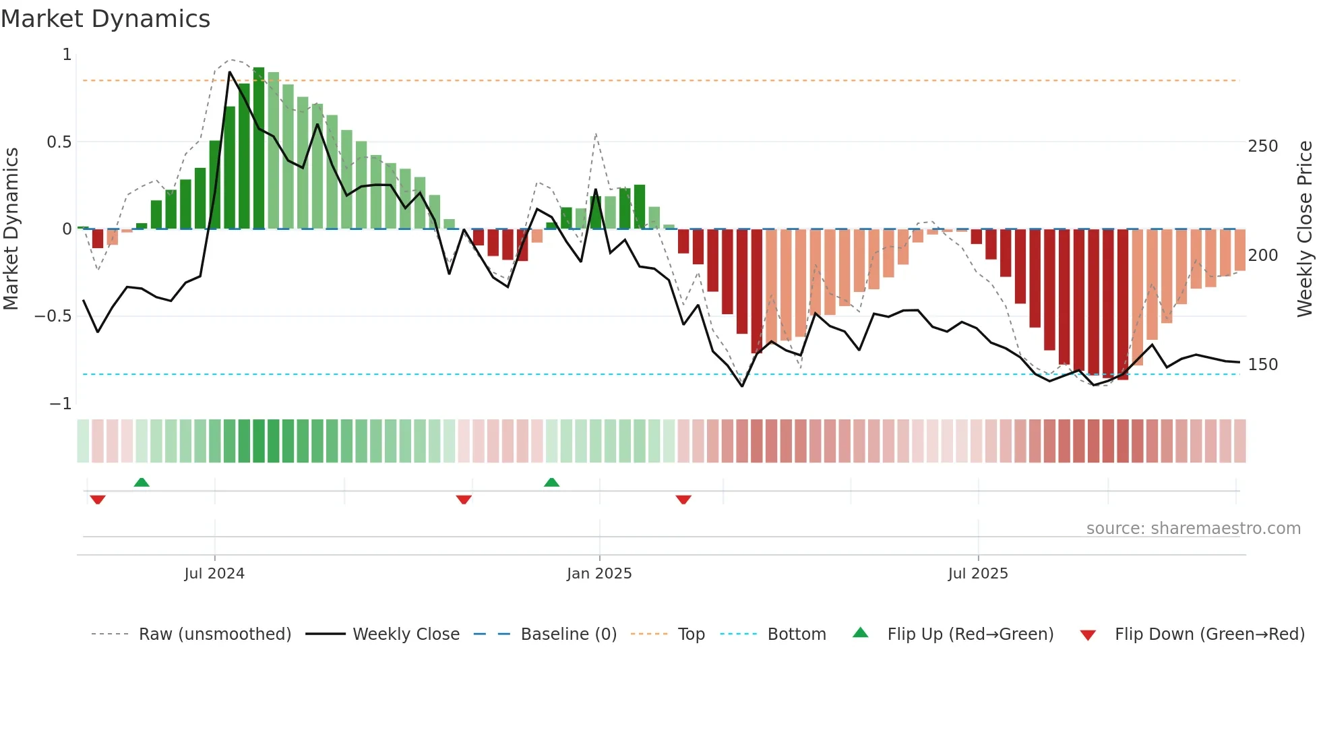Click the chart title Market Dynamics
coord(105,19)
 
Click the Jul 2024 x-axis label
coord(214,574)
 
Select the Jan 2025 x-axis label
coord(599,574)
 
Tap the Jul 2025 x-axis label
coord(978,574)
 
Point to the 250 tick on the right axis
coord(1262,146)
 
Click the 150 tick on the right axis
coord(1262,365)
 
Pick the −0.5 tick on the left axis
coord(53,316)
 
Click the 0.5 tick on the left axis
coord(59,142)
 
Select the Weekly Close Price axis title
coord(1305,229)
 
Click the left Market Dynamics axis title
coord(11,229)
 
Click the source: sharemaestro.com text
coord(1193,529)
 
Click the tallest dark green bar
coord(259,148)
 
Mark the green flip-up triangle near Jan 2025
coord(551,483)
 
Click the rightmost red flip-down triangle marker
coord(683,500)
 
